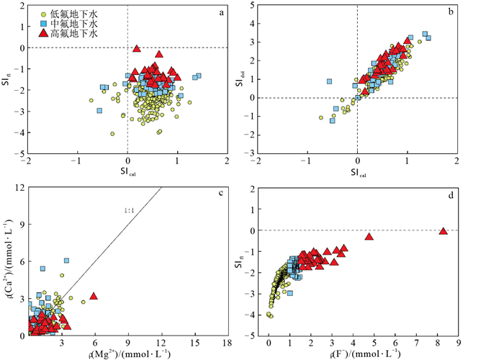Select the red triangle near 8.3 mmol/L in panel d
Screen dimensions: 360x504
(443, 231)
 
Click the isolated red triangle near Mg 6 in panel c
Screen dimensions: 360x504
(94, 296)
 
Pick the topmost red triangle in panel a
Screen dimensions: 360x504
(136, 48)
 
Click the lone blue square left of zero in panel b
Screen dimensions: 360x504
(329, 81)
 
